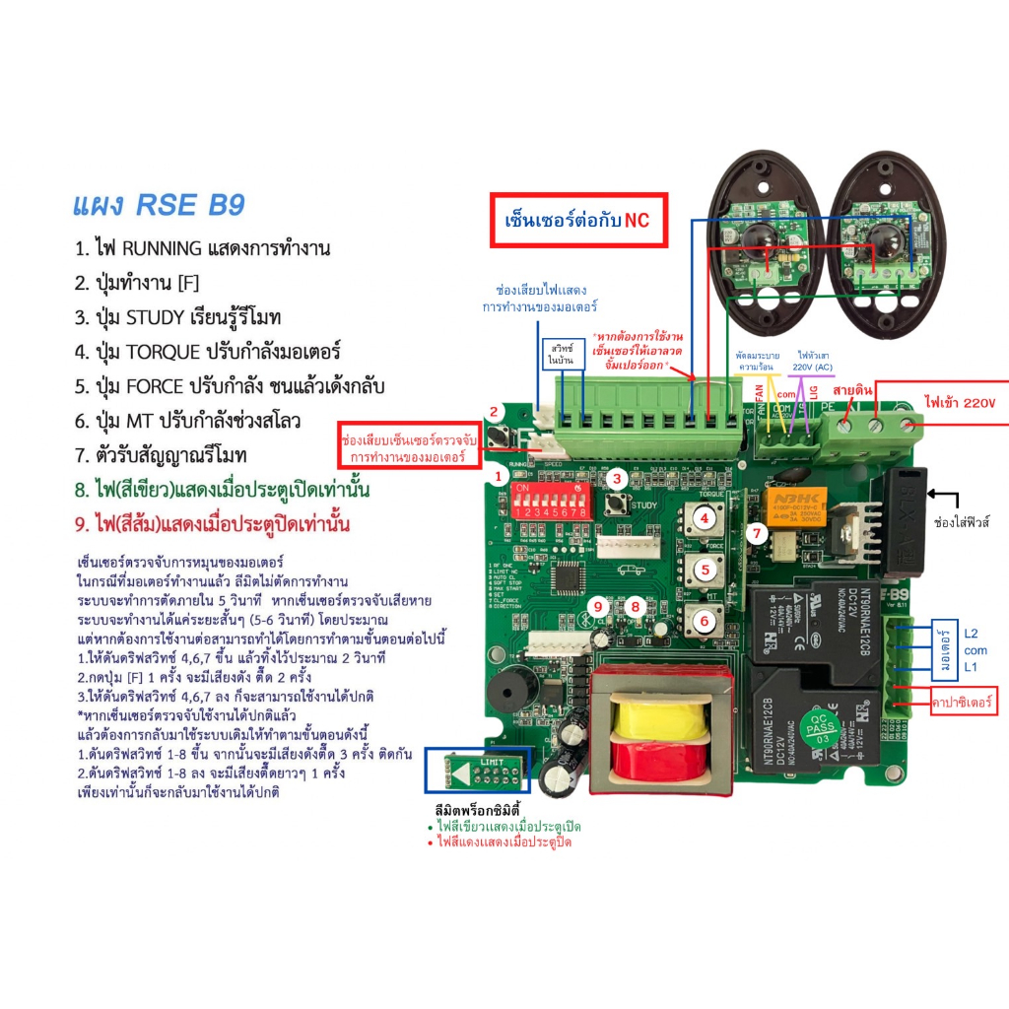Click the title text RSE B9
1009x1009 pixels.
(x=159, y=205)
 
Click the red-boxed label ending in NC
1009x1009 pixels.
(x=579, y=221)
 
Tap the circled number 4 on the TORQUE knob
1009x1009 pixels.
(x=705, y=516)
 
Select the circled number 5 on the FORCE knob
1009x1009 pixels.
(x=705, y=569)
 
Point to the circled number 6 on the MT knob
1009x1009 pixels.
(x=704, y=621)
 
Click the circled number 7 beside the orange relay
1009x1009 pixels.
(x=756, y=534)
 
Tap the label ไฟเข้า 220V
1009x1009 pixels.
(x=960, y=403)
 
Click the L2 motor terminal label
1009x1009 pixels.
(x=972, y=633)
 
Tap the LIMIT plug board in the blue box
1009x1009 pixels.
(x=478, y=770)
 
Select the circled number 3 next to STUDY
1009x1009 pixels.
(x=616, y=480)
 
